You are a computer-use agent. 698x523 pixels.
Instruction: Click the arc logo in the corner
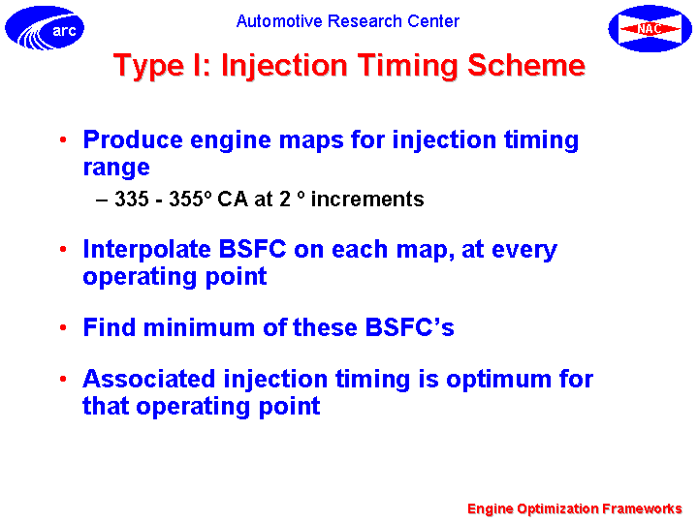point(45,27)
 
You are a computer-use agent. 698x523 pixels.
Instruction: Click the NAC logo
point(650,28)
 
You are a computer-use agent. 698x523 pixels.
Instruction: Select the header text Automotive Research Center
point(348,21)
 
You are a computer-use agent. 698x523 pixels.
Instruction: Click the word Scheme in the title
point(526,66)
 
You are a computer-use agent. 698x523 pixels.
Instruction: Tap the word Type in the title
point(148,67)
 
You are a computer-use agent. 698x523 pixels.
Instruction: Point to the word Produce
point(133,139)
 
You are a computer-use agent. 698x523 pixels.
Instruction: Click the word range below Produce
point(116,169)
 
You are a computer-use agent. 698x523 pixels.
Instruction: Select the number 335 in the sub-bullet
point(132,199)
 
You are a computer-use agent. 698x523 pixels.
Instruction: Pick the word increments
point(367,200)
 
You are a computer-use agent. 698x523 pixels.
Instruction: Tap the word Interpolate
point(146,250)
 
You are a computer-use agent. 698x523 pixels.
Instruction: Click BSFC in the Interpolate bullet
point(252,249)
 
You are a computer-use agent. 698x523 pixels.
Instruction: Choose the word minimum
point(199,327)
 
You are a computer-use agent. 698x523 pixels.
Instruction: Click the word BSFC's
point(409,327)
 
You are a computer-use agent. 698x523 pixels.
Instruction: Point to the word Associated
point(149,380)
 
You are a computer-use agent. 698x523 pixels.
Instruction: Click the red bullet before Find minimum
point(63,327)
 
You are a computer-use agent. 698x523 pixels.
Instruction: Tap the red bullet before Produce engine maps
point(63,139)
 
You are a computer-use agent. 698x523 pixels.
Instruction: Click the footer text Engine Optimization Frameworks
point(575,508)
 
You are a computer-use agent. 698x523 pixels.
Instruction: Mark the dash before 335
point(102,200)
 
